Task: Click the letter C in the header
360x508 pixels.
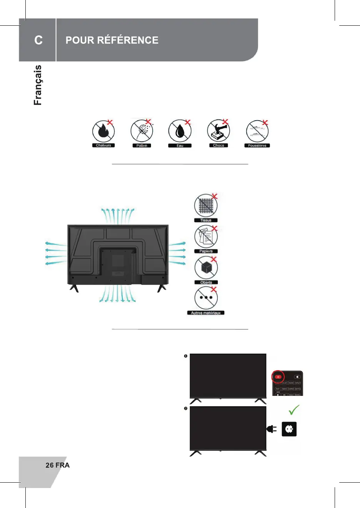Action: coord(38,40)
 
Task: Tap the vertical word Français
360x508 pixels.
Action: coord(38,85)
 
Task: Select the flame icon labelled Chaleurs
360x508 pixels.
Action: coord(103,131)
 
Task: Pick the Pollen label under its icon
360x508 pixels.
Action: coord(142,146)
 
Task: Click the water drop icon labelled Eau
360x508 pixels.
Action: coord(179,131)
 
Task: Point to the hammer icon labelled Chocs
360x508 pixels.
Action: coord(218,131)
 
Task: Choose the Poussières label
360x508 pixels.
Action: coord(257,146)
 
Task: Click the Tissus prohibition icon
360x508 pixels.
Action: coord(206,205)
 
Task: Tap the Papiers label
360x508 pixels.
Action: coord(206,251)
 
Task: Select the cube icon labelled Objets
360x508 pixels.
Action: coord(206,268)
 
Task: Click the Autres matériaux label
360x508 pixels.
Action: coord(206,313)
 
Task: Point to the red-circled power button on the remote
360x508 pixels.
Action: coord(278,377)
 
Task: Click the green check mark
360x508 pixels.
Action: coord(294,410)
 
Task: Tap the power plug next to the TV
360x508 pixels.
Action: coord(272,429)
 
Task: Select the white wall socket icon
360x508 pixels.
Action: coord(289,429)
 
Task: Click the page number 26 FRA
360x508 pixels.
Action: coord(58,465)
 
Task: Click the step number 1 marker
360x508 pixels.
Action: coord(186,356)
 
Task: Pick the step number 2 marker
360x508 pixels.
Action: coord(186,408)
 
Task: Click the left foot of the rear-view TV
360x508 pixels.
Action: coord(74,288)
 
